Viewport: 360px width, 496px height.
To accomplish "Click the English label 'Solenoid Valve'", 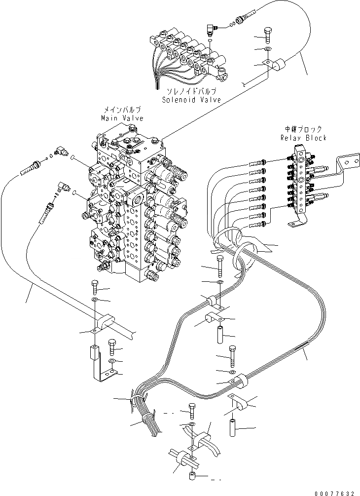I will (x=191, y=100).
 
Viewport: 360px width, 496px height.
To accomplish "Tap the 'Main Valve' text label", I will (x=122, y=118).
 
